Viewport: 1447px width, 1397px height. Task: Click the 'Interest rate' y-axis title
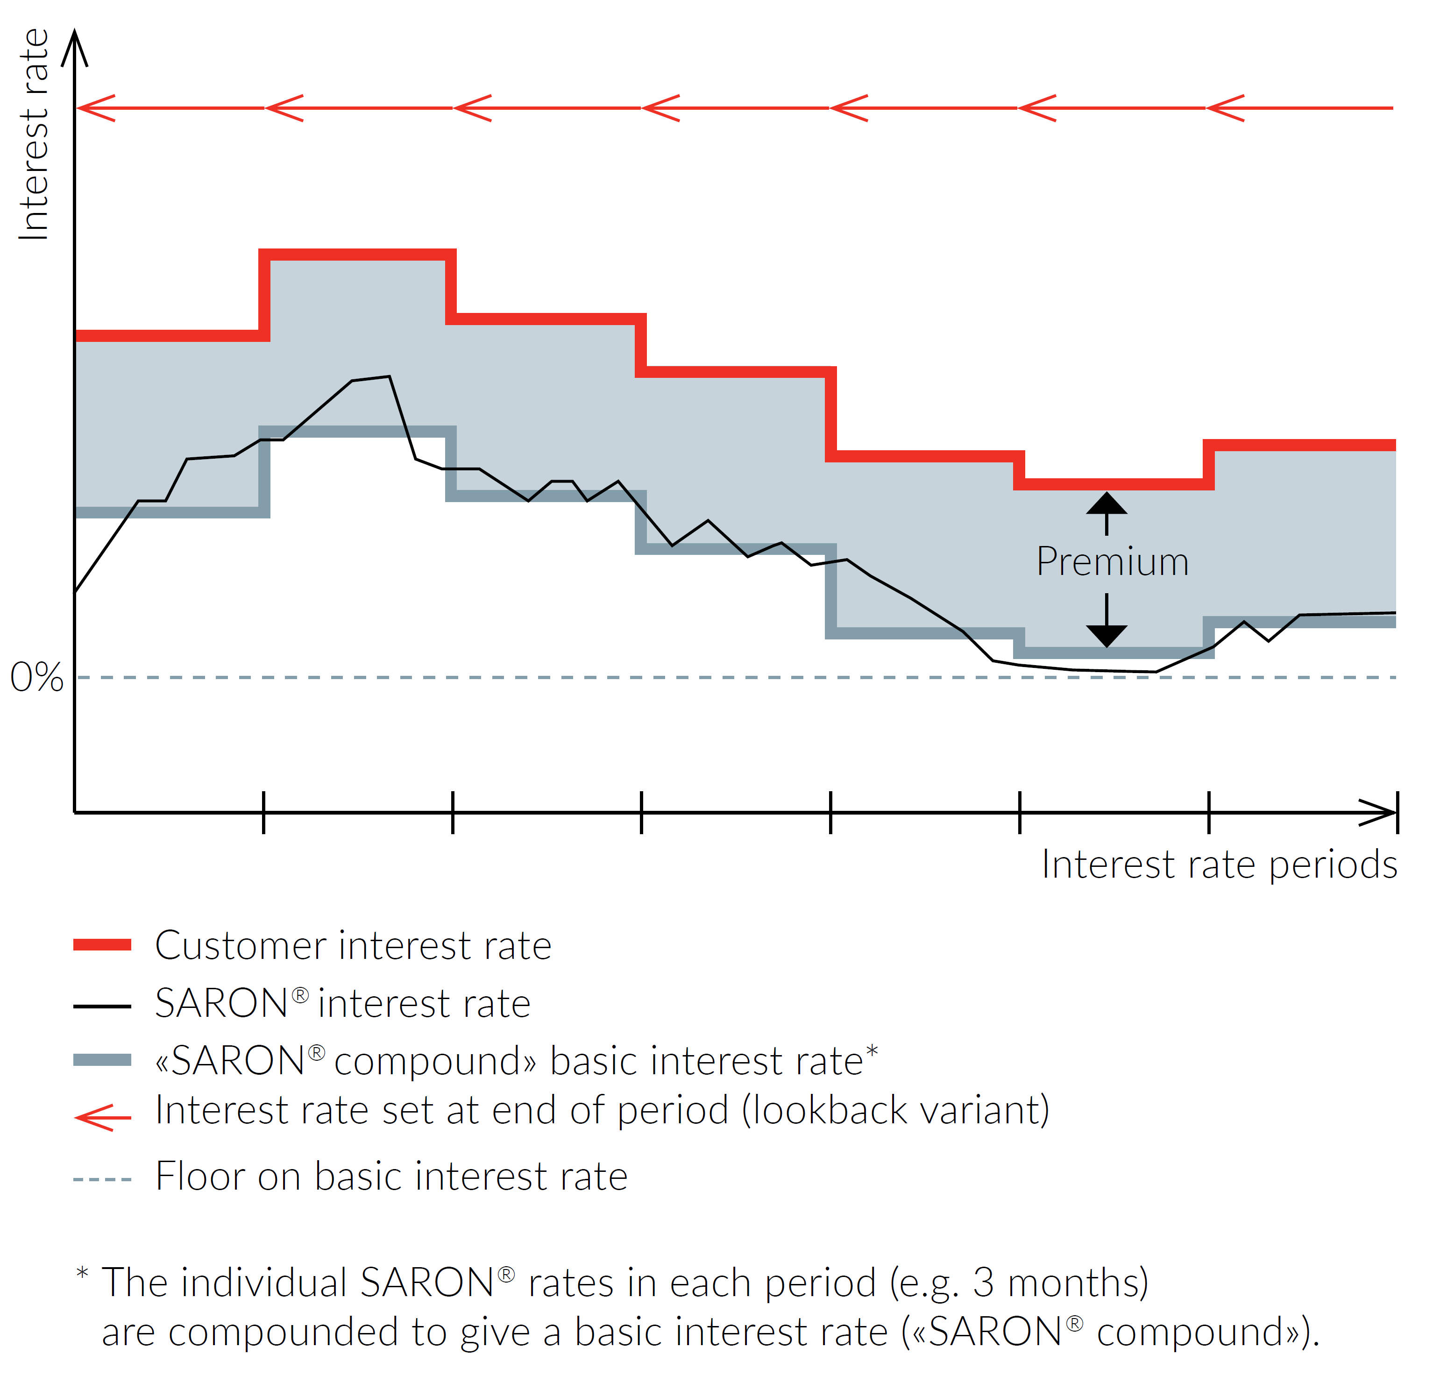point(34,135)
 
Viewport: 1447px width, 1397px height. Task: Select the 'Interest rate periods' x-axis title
point(1219,865)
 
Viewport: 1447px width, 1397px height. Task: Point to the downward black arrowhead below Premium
point(1106,635)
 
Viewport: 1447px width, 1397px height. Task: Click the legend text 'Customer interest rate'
point(353,946)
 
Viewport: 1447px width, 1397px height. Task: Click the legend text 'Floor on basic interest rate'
point(391,1176)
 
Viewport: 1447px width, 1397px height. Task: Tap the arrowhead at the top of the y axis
point(75,46)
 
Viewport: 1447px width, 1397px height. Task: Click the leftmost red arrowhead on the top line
point(94,108)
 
